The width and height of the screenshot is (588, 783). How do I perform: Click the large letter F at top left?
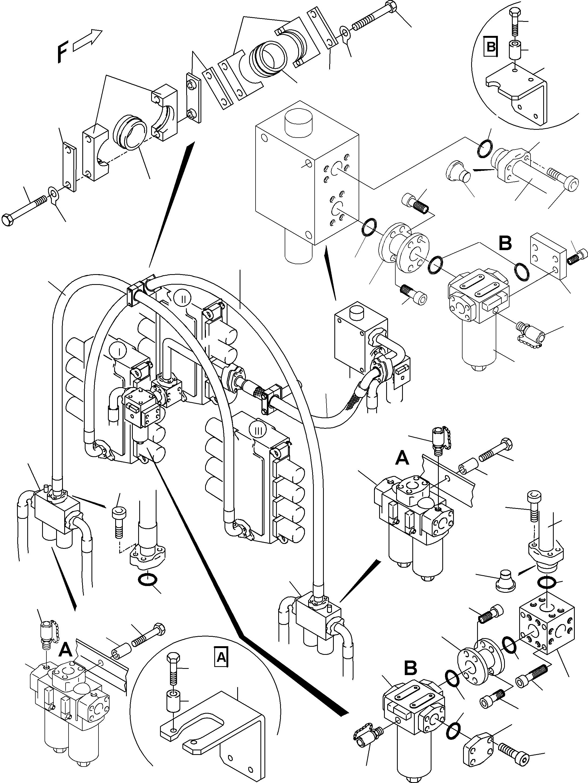pyautogui.click(x=63, y=52)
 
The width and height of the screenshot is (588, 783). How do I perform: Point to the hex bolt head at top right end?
pyautogui.click(x=391, y=7)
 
